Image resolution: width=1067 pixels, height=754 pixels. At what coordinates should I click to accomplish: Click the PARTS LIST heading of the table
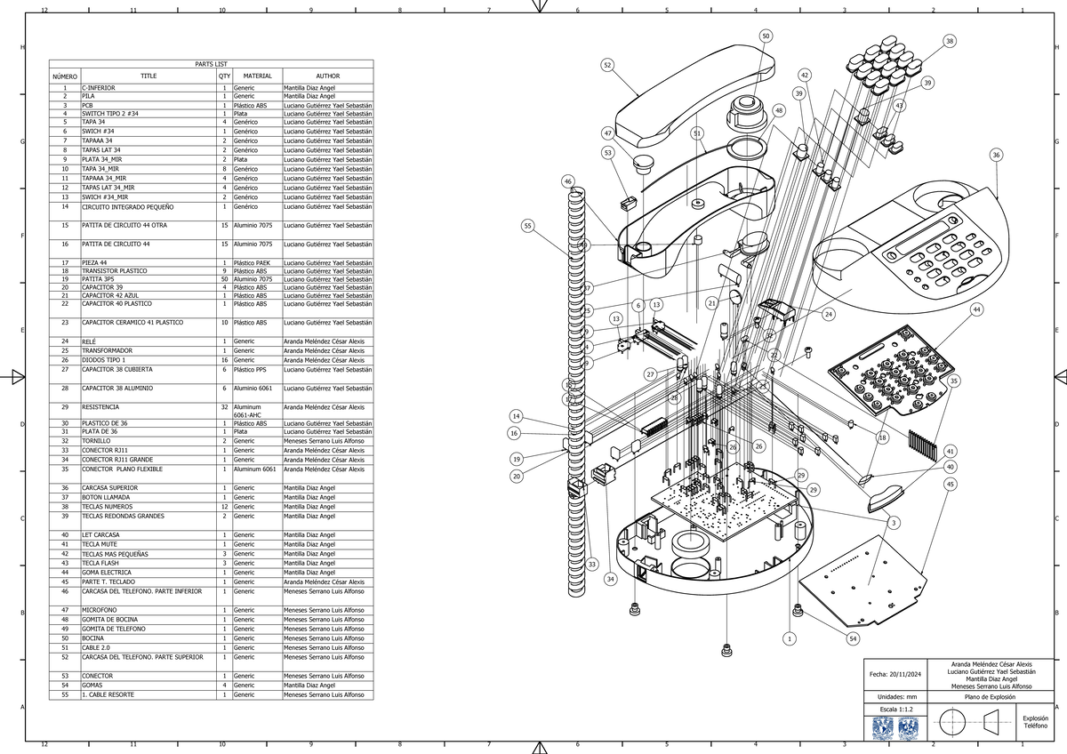click(211, 64)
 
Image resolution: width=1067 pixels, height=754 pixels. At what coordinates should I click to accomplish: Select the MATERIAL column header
click(257, 76)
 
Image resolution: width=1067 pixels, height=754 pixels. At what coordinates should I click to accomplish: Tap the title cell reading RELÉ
click(90, 341)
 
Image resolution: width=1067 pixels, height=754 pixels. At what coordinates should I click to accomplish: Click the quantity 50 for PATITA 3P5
click(224, 279)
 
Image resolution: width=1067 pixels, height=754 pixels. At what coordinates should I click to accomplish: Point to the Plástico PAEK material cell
click(252, 263)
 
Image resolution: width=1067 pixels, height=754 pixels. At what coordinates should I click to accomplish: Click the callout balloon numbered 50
click(766, 36)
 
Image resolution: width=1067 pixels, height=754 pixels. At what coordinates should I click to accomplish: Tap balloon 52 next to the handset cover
click(607, 65)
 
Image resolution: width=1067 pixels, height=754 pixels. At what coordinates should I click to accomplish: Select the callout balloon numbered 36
click(996, 155)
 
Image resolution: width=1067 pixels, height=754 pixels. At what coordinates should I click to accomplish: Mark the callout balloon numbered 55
click(528, 226)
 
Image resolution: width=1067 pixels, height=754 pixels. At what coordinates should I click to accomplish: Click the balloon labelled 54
click(853, 639)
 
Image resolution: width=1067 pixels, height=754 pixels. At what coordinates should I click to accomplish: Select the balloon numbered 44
click(976, 309)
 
